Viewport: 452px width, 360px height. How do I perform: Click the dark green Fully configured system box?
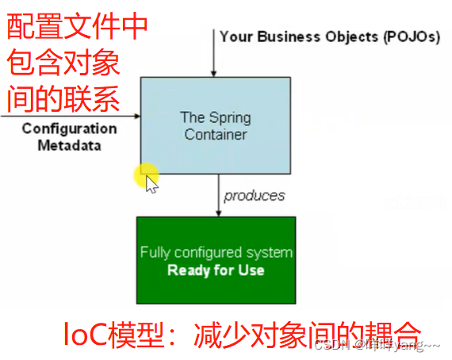(216, 260)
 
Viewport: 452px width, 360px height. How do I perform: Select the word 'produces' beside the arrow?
(254, 195)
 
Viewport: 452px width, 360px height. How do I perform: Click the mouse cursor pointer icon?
(151, 182)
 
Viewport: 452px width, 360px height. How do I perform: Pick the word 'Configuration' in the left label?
(69, 128)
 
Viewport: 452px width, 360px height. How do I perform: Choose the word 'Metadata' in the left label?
(69, 145)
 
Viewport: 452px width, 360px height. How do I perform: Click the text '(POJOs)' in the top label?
(411, 36)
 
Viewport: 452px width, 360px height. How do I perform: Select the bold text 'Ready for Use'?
(216, 270)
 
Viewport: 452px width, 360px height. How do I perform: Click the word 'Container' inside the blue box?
(216, 135)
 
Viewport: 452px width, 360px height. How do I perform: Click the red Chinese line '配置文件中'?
(77, 29)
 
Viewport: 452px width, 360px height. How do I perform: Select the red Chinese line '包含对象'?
(63, 64)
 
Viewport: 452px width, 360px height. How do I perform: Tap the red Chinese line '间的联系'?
(63, 100)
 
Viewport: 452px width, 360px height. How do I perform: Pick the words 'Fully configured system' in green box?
(216, 253)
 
